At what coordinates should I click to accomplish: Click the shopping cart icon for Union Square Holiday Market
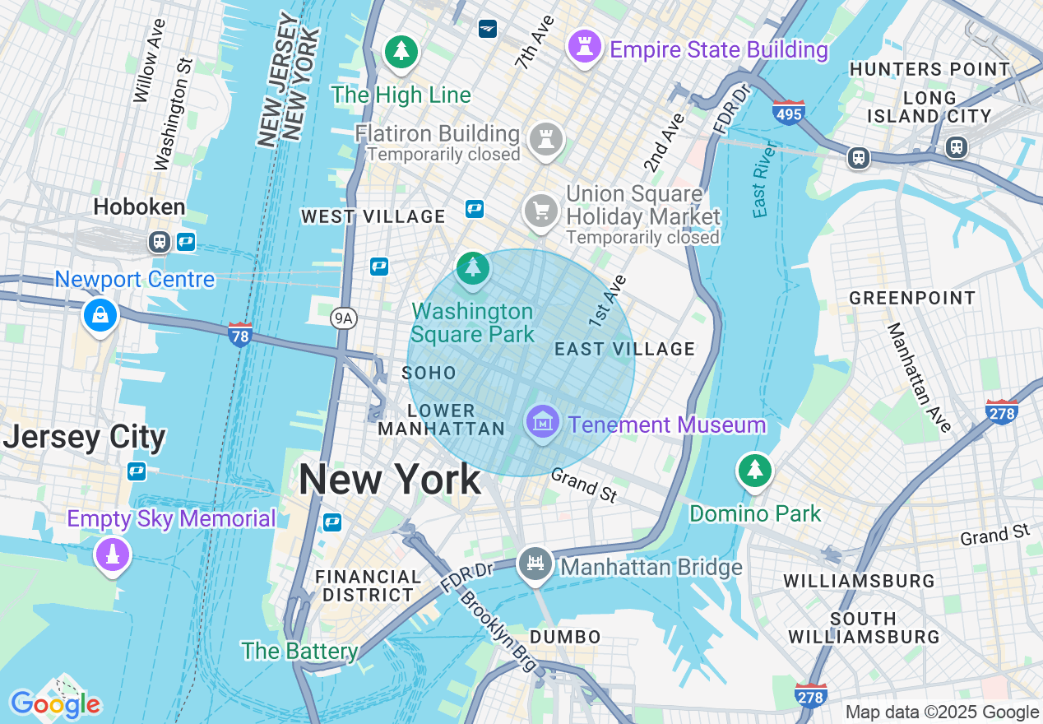(x=541, y=211)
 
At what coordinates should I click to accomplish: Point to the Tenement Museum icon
(x=542, y=423)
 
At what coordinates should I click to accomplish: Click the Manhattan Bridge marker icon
(x=535, y=564)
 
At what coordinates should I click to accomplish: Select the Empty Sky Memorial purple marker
(x=112, y=555)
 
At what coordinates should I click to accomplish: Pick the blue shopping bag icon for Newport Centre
(x=100, y=315)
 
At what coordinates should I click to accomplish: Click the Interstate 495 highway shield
(x=788, y=113)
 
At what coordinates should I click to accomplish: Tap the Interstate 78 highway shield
(x=239, y=334)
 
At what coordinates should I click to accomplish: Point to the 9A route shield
(x=344, y=318)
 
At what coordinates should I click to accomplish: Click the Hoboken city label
(x=139, y=207)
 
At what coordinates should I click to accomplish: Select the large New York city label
(x=389, y=479)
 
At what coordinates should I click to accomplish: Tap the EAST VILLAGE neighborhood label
(x=624, y=349)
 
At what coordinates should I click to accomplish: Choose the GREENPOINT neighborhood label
(x=912, y=298)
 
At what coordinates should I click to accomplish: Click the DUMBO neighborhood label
(x=565, y=637)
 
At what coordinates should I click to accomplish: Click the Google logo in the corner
(x=55, y=703)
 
